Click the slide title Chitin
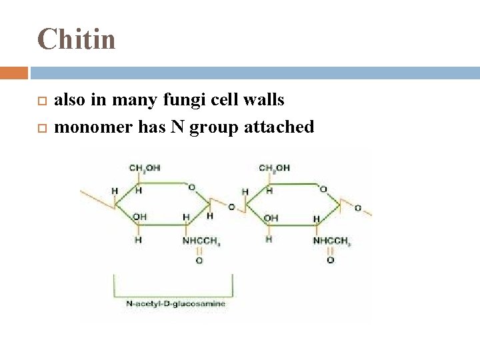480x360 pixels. [x=76, y=39]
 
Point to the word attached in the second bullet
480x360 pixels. [x=280, y=127]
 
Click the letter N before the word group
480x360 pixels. [x=177, y=127]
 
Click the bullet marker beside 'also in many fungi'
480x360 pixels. [x=41, y=101]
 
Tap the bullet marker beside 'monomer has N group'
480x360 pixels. [x=41, y=127]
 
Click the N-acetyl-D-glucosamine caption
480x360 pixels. [x=175, y=303]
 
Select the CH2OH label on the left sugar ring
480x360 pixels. [x=144, y=167]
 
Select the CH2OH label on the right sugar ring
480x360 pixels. [x=274, y=167]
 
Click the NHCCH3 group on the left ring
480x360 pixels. [x=201, y=241]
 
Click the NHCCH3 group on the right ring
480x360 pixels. [x=331, y=241]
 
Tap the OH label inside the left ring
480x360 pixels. [x=139, y=217]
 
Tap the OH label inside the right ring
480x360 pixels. [x=271, y=217]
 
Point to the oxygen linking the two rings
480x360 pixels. [x=231, y=207]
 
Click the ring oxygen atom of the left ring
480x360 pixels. [x=191, y=188]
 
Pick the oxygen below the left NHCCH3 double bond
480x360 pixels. [x=199, y=261]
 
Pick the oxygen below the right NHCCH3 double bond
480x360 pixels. [x=330, y=261]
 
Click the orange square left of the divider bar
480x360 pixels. [x=14, y=72]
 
